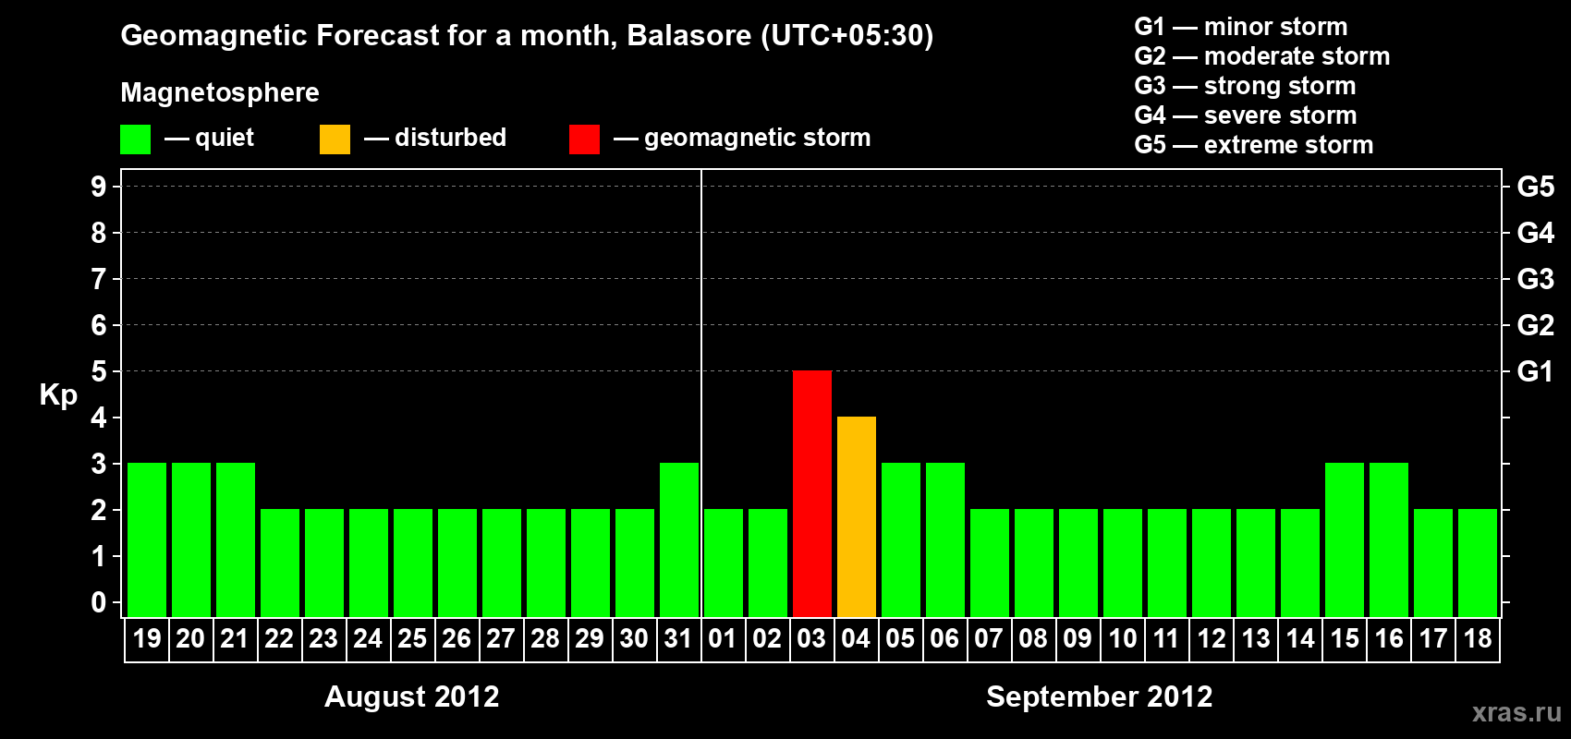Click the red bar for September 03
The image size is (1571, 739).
click(812, 493)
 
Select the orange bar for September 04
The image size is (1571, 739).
click(857, 516)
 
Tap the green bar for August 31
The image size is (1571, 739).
click(679, 539)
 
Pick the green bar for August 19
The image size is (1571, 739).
click(147, 539)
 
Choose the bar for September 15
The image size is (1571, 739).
click(1345, 539)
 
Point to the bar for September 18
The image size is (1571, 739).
click(1478, 563)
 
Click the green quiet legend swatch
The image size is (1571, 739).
click(135, 139)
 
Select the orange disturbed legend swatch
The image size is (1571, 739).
click(335, 139)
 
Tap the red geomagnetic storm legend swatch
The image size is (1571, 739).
click(585, 139)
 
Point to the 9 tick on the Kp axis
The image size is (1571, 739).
click(98, 187)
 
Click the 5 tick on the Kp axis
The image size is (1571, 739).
click(98, 371)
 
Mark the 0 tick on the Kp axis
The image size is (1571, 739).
click(98, 602)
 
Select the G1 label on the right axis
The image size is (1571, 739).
click(1535, 371)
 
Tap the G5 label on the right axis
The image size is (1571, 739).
click(1535, 187)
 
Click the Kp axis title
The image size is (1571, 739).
click(58, 395)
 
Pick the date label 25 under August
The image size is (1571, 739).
click(412, 638)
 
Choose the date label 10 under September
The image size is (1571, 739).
click(1122, 638)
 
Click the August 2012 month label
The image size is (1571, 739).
click(411, 697)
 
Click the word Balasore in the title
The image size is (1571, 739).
click(688, 35)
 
